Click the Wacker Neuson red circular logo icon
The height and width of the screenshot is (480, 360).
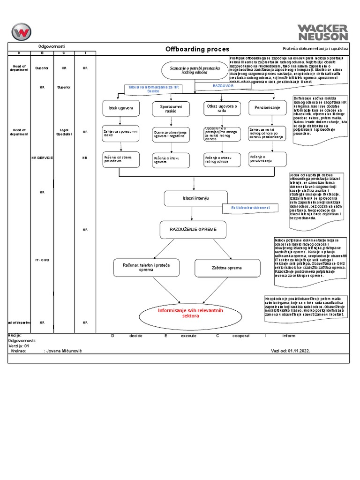point(22,32)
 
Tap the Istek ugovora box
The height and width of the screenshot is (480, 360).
point(121,108)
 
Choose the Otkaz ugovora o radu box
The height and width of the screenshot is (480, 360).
point(221,108)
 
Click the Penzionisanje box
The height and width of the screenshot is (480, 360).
point(267,108)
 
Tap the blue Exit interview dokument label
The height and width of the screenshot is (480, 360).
point(251,207)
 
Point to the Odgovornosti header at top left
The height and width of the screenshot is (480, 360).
point(52,46)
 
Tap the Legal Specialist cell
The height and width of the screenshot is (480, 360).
point(64,132)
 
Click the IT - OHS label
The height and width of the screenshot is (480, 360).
point(42,260)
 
